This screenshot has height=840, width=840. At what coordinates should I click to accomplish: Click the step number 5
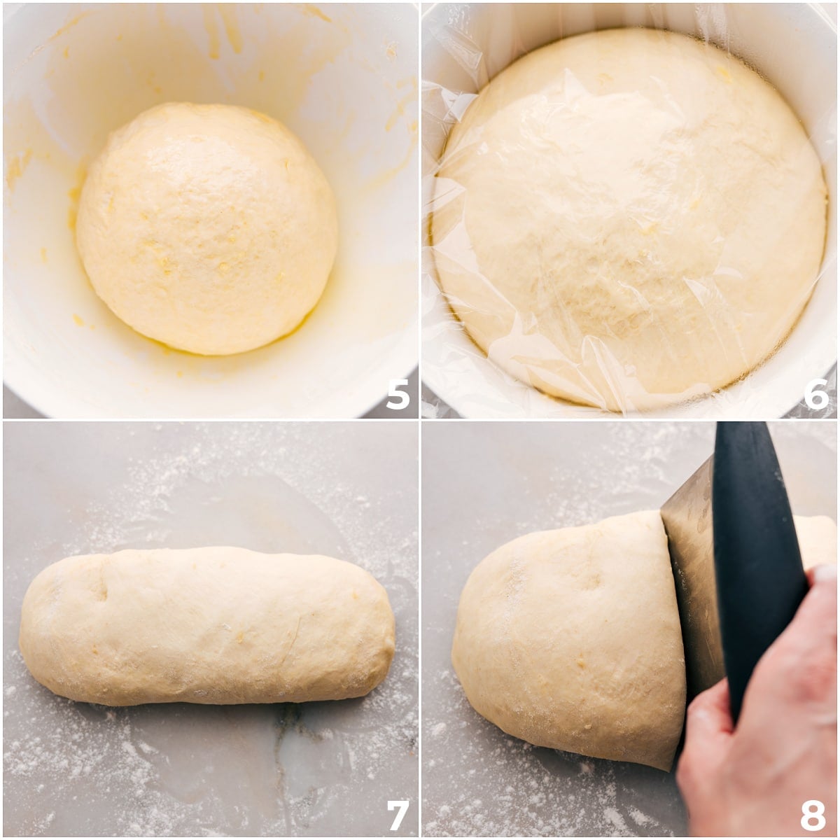tap(398, 395)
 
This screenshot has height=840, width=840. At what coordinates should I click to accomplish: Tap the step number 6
tap(816, 395)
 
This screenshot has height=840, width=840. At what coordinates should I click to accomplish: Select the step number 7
tap(398, 814)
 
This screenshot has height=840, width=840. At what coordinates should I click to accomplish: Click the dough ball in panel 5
tap(206, 227)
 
